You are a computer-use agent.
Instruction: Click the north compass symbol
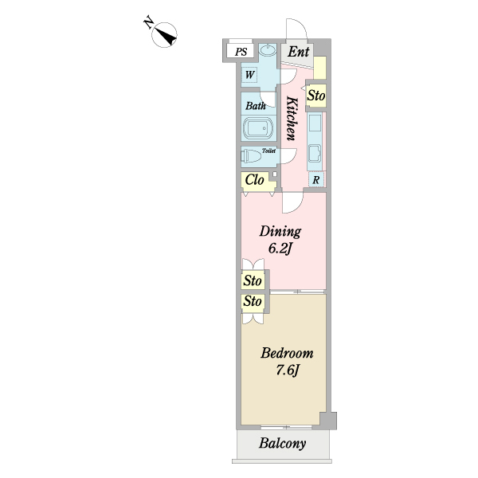[x=164, y=34]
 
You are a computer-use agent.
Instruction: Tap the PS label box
[x=241, y=52]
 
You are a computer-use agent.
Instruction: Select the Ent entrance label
[x=299, y=52]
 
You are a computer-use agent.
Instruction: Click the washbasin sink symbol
[x=268, y=50]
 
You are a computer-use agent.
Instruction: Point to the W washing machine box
[x=249, y=75]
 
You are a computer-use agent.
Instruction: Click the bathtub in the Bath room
[x=257, y=128]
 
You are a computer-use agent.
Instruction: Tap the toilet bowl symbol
[x=252, y=156]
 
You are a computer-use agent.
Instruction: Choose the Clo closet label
[x=255, y=180]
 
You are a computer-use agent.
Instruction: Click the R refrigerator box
[x=316, y=180]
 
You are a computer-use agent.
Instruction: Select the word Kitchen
[x=292, y=119]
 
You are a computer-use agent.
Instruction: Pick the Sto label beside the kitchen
[x=316, y=96]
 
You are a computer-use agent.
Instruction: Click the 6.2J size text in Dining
[x=280, y=249]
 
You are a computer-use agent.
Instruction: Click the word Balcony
[x=282, y=443]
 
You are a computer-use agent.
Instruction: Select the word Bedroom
[x=287, y=353]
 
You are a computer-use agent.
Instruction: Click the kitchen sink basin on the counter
[x=315, y=155]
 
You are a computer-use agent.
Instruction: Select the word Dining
[x=280, y=231]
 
